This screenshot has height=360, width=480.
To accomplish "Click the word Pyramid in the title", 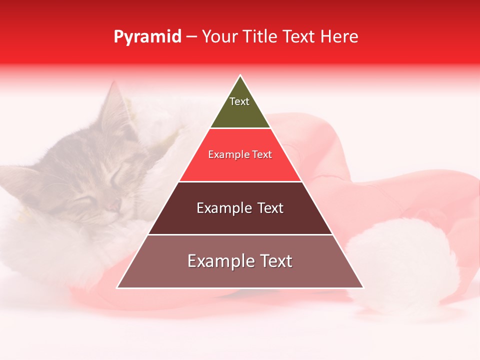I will (147, 37).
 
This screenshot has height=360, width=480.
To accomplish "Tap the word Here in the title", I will (339, 37).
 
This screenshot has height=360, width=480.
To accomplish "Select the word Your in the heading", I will (218, 37).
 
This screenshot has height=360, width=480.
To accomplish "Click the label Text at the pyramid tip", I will (239, 101).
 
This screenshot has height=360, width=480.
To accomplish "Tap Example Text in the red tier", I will (240, 154).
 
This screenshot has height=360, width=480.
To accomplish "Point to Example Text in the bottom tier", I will (240, 261).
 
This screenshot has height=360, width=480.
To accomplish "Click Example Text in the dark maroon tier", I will (240, 208).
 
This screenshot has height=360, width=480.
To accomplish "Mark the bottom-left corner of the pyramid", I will (117, 288).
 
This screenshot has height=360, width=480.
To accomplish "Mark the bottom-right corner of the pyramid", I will (363, 288).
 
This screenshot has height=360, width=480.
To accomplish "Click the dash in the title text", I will (191, 37).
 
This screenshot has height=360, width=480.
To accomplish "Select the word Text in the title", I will (299, 37).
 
